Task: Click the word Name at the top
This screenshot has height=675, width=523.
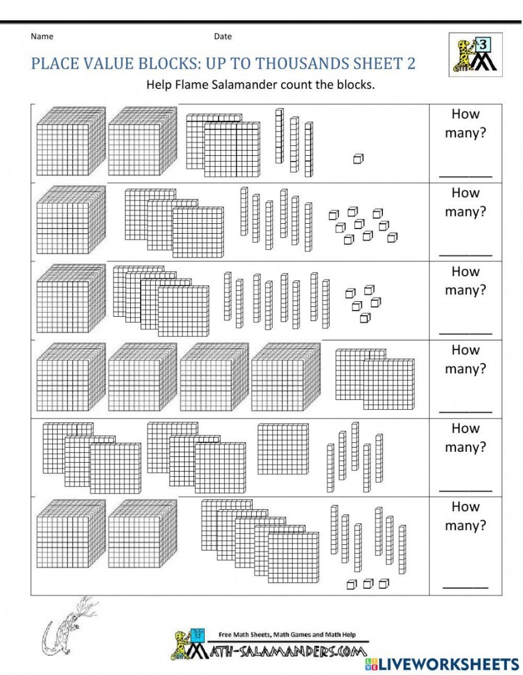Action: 42,36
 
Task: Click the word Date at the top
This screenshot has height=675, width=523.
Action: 223,36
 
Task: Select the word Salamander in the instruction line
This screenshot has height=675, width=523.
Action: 249,85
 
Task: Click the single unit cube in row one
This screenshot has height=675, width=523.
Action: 358,158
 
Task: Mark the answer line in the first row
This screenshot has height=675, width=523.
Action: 465,174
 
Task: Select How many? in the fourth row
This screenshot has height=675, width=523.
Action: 465,359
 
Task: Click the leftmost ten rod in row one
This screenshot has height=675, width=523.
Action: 280,136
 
